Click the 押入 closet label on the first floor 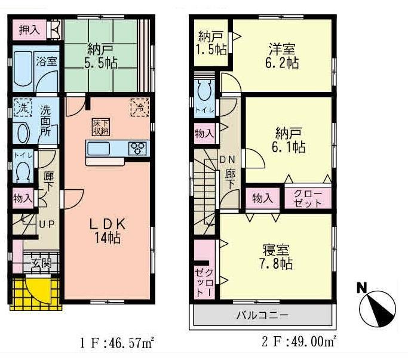28,30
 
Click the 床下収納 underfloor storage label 100,127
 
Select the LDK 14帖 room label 107,230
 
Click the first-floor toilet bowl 23,172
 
